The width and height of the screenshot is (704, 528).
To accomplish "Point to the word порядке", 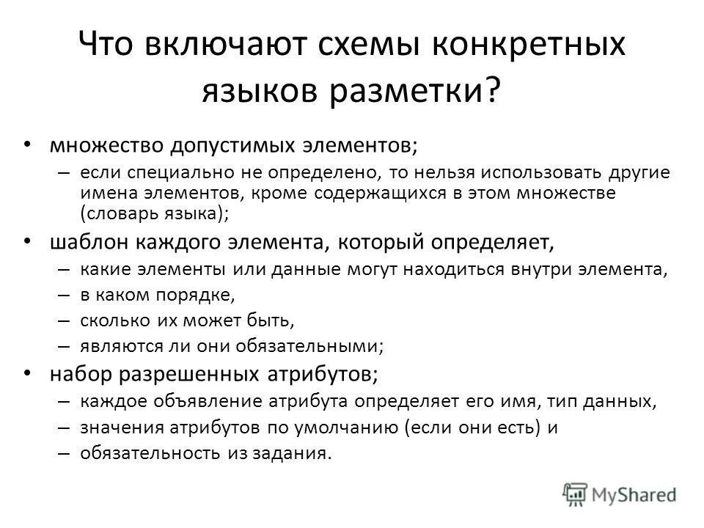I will (200, 295).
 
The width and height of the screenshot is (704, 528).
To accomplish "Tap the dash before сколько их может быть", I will (63, 320).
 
